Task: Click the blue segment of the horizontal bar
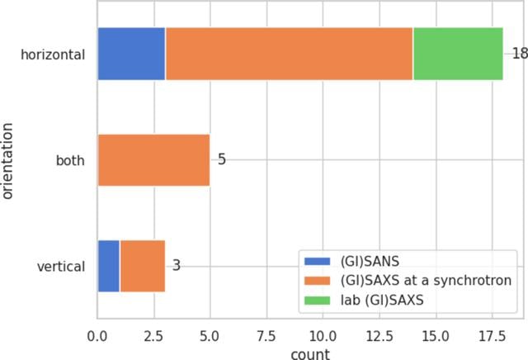coord(132,54)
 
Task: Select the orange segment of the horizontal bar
coord(290,54)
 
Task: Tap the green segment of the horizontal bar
coord(459,54)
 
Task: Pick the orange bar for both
coord(154,160)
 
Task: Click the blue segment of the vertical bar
coord(109,266)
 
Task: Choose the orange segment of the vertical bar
coord(143,266)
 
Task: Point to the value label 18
coord(520,54)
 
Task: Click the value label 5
coord(222,159)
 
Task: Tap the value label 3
coord(177,266)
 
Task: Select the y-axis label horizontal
coord(53,54)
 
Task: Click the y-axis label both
coord(70,160)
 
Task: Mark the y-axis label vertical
coord(61,267)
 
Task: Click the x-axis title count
coord(310,354)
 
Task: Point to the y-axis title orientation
coord(7,161)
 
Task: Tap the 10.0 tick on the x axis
coord(323,336)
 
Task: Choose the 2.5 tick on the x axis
coord(153,336)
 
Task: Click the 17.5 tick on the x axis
coord(492,336)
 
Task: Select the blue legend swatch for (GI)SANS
coord(317,261)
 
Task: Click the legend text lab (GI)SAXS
coord(382,300)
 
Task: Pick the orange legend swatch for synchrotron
coord(317,281)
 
